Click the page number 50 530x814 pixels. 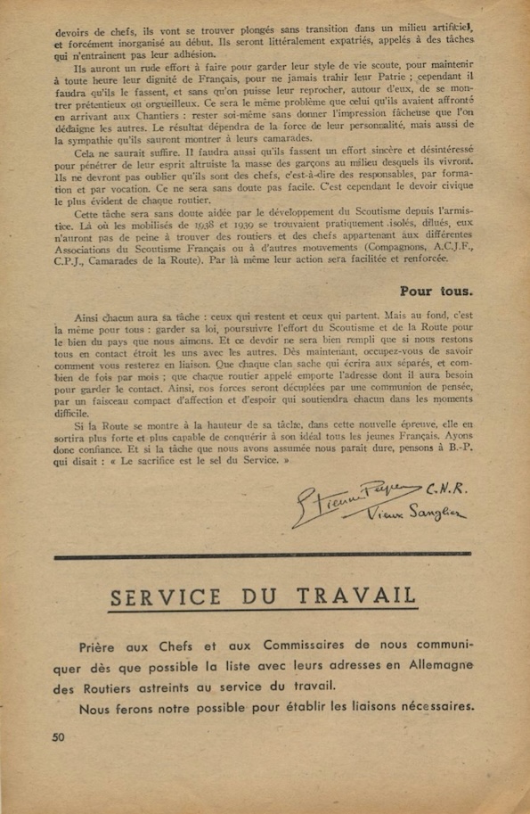(60, 736)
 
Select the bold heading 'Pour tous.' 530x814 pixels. (436, 289)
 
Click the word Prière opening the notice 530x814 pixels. (101, 645)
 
